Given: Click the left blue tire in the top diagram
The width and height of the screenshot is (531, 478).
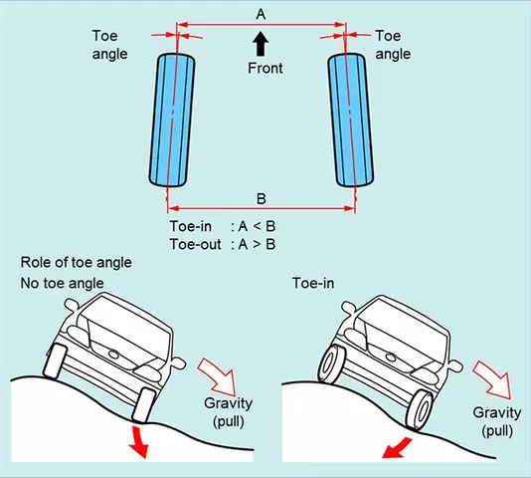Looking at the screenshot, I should (x=170, y=119).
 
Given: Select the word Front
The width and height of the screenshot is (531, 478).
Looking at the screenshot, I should (x=265, y=69).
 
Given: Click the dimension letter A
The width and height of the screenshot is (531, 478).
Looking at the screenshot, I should (x=261, y=13).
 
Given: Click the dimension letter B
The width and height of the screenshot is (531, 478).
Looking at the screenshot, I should (x=262, y=196).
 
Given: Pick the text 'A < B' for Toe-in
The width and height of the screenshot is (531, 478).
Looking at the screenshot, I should (x=255, y=225).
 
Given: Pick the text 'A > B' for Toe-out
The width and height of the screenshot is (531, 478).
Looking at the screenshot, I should (x=255, y=242).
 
